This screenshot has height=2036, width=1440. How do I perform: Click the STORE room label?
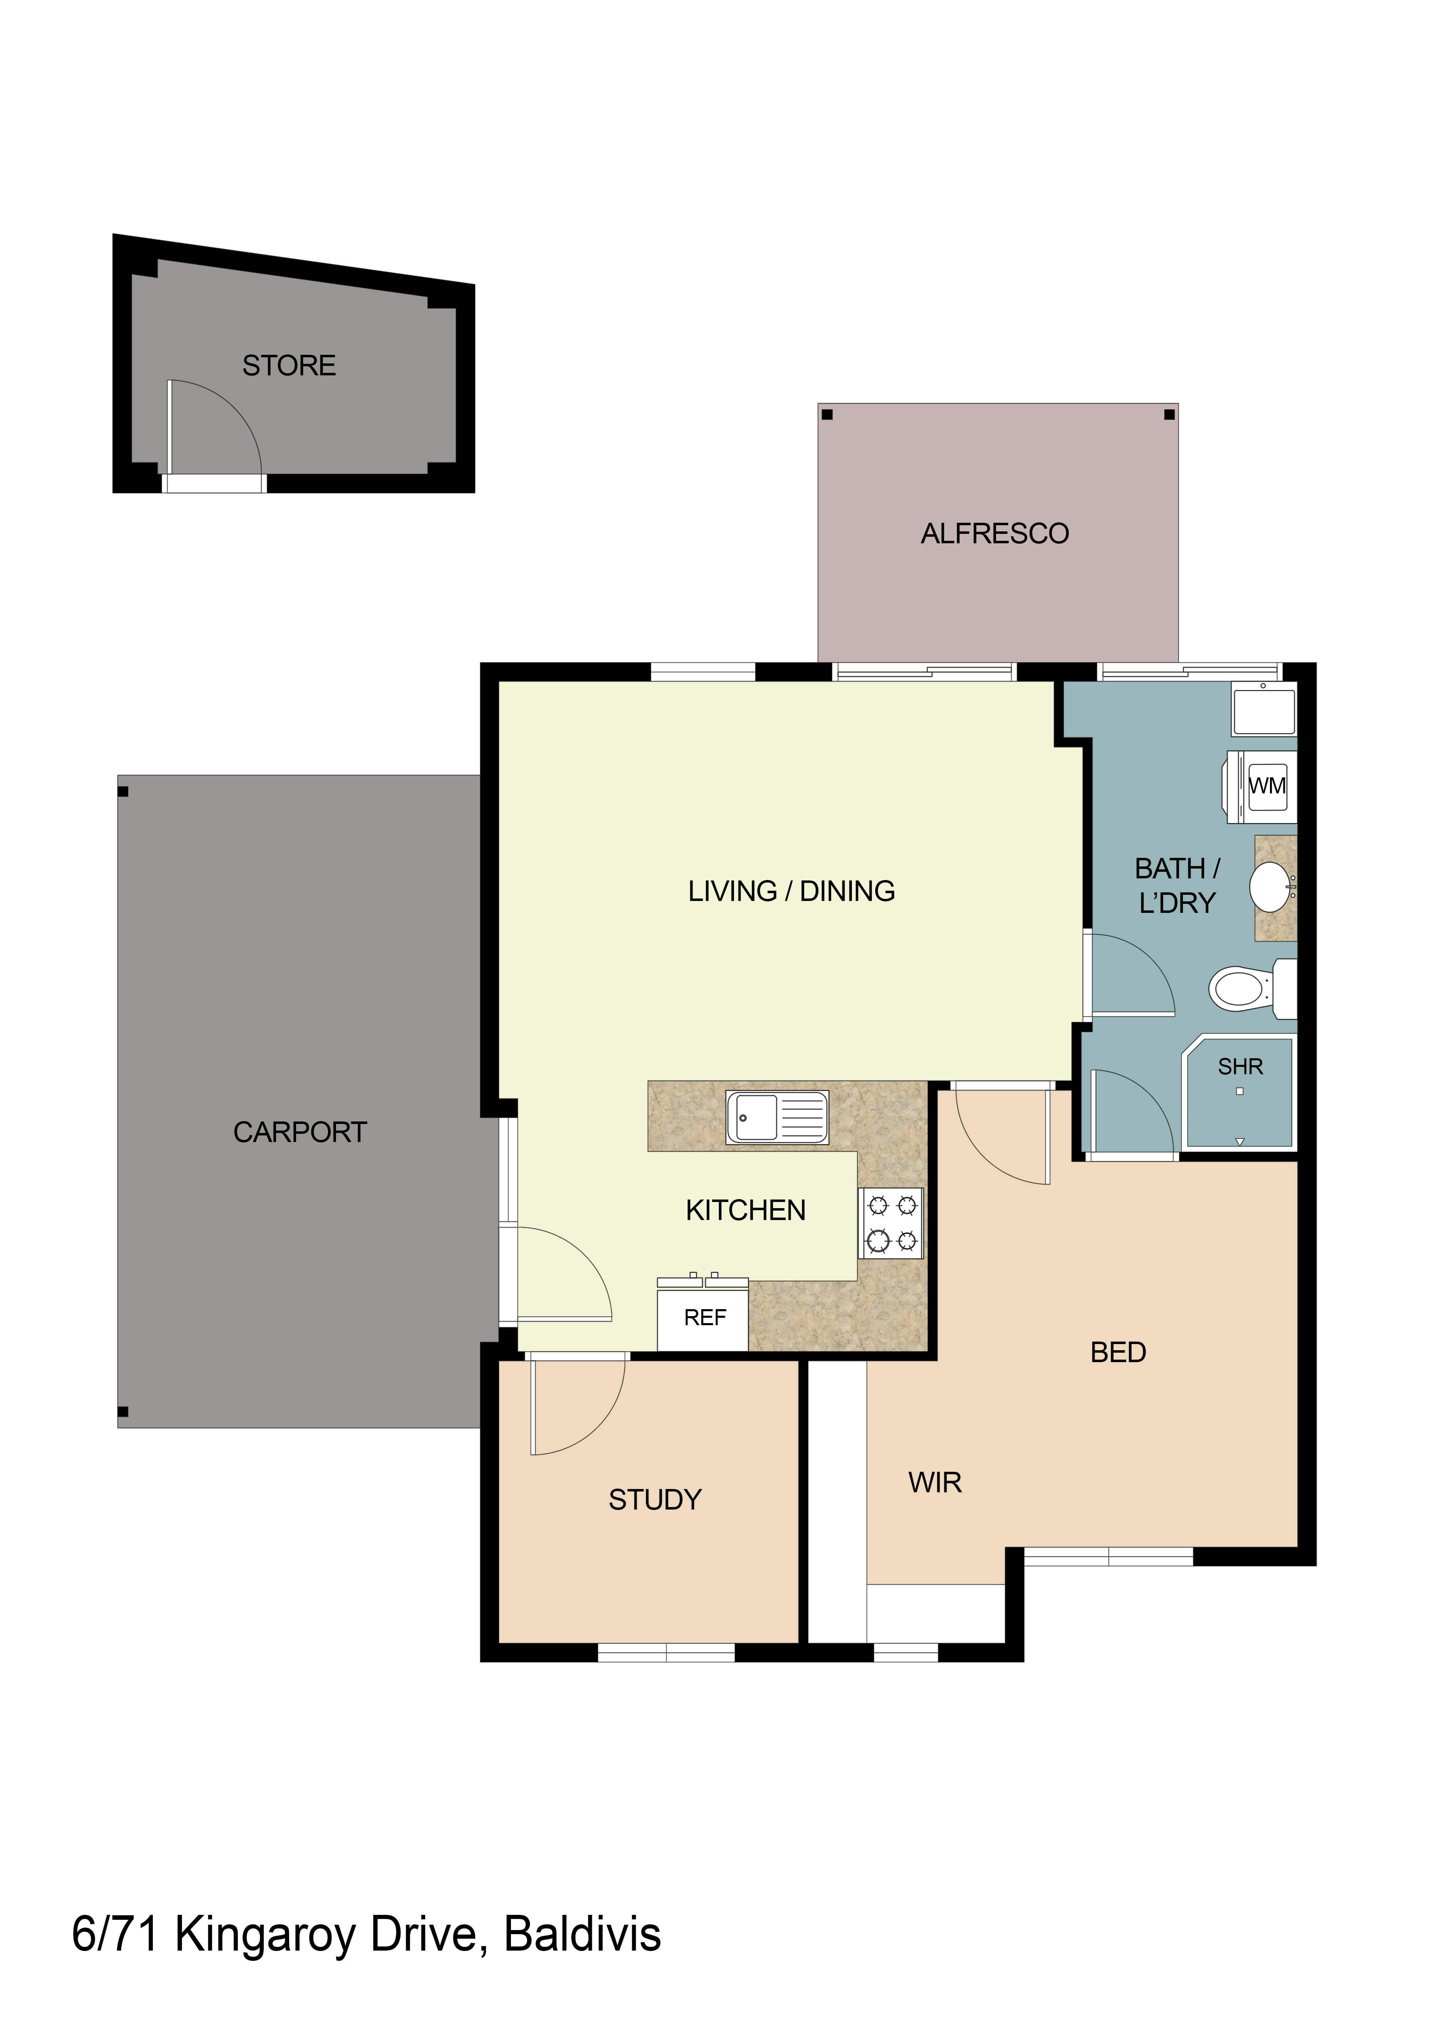(289, 365)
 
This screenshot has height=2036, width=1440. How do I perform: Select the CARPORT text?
(300, 1133)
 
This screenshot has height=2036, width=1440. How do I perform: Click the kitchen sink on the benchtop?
(777, 1117)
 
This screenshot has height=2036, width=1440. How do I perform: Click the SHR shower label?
(1240, 1067)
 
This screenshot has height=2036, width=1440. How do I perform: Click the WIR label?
(934, 1483)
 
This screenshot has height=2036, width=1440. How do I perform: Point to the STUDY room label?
(655, 1500)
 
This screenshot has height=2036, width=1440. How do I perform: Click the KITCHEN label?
(746, 1211)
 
